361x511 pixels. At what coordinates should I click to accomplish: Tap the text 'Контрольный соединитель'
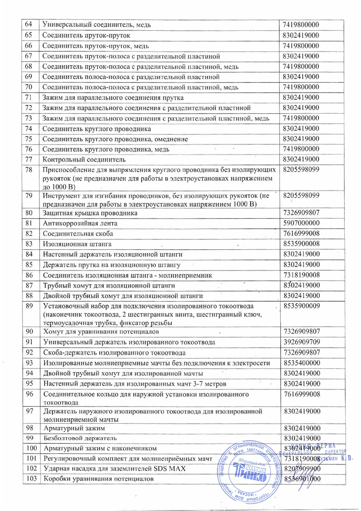click(84, 159)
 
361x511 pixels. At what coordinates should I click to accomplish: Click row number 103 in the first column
click(30, 479)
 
